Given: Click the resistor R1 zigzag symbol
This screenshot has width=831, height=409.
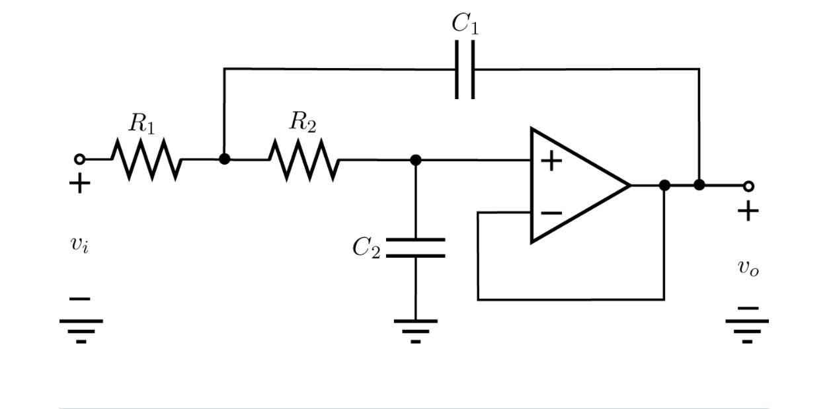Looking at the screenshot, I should [x=145, y=159].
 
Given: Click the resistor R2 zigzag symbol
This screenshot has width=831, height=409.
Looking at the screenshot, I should [x=304, y=159].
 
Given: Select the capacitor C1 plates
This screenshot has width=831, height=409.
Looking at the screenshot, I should [x=465, y=69].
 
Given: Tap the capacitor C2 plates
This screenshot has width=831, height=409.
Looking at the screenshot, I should [x=415, y=247].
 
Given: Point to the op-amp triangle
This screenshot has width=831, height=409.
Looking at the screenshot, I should [x=575, y=186].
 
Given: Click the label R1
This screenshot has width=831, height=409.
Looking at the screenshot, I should [x=141, y=123].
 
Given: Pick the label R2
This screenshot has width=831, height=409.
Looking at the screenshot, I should [x=303, y=122].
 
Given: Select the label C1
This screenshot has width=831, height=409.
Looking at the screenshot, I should [x=465, y=24].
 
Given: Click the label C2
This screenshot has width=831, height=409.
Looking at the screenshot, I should [x=366, y=248].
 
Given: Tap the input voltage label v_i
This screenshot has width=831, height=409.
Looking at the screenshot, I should [x=79, y=244].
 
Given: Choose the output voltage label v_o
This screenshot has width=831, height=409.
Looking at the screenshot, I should [x=748, y=268].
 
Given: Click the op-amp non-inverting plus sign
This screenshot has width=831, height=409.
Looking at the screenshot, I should [x=551, y=161].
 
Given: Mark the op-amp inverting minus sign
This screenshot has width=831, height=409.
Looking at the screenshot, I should [x=551, y=213].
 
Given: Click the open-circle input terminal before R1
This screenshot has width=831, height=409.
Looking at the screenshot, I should [x=79, y=159].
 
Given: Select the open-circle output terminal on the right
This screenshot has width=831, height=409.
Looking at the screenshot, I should [x=748, y=186].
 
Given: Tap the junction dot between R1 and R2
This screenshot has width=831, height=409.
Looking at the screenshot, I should [x=224, y=159].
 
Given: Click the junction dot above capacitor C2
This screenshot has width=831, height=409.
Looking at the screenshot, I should [x=415, y=159].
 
